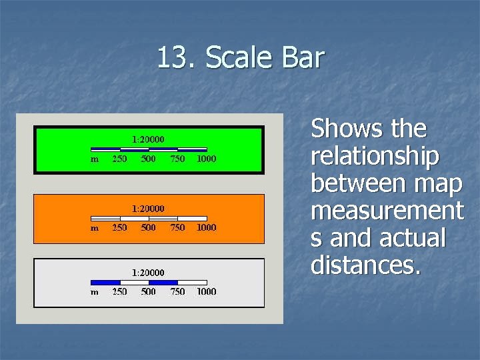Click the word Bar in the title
click(x=303, y=58)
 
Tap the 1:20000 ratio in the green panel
click(x=148, y=139)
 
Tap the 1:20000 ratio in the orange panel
click(x=148, y=208)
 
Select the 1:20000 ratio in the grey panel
click(x=148, y=272)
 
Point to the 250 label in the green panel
click(x=119, y=159)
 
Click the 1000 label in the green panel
click(x=206, y=159)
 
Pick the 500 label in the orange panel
click(x=148, y=227)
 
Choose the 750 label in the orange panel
click(x=177, y=227)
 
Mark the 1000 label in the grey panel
click(x=206, y=291)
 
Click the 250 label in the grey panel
click(x=119, y=291)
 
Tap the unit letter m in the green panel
click(x=95, y=159)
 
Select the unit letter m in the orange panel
click(x=95, y=228)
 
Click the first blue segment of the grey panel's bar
click(x=105, y=282)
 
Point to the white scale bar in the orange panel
click(x=149, y=218)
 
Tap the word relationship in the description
click(x=375, y=156)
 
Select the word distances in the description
click(x=365, y=265)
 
